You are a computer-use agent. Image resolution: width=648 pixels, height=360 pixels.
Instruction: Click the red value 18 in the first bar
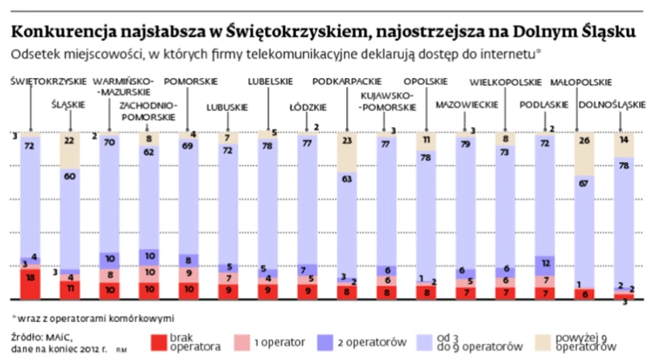coord(30,277)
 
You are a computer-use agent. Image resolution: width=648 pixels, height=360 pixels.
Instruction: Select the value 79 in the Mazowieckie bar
coord(464,144)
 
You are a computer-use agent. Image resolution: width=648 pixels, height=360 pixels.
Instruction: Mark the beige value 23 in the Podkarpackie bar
coord(346,140)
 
